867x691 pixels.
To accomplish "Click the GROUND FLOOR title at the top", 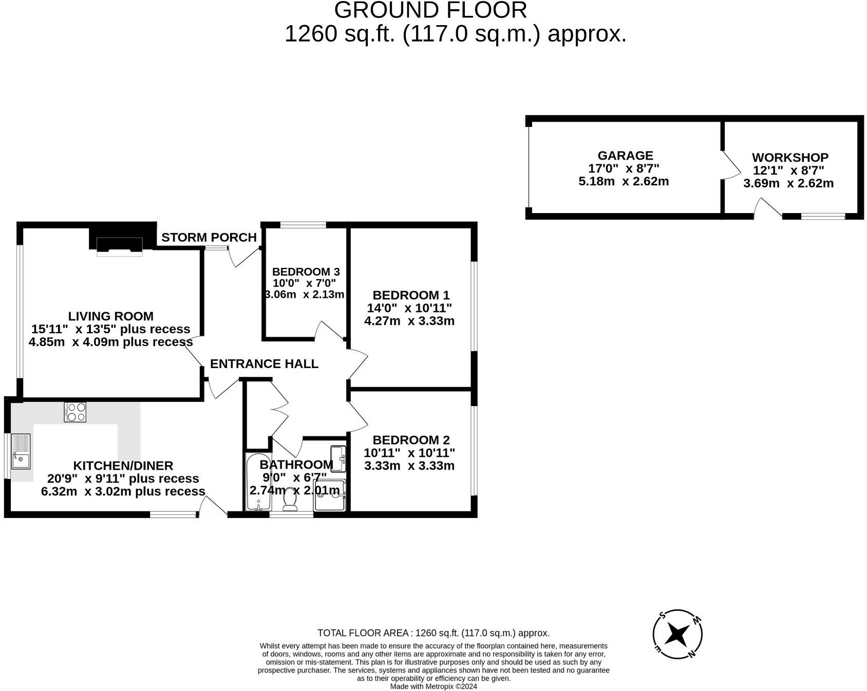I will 430,10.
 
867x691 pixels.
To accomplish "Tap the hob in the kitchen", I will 75,412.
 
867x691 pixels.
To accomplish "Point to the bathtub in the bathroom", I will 257,483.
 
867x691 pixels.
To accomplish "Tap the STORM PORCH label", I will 209,238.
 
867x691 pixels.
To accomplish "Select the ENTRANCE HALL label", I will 264,364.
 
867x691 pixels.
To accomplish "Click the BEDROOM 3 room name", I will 306,272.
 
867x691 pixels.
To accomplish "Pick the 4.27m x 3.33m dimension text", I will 409,321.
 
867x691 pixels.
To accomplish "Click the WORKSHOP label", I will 790,158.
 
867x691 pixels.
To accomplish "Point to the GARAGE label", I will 625,156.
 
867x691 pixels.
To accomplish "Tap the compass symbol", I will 677,635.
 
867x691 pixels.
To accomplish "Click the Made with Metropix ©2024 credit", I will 433,686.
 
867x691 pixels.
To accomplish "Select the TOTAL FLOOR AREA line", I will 433,633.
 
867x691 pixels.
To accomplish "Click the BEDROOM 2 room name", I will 411,440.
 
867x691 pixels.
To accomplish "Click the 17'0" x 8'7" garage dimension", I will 624,168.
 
